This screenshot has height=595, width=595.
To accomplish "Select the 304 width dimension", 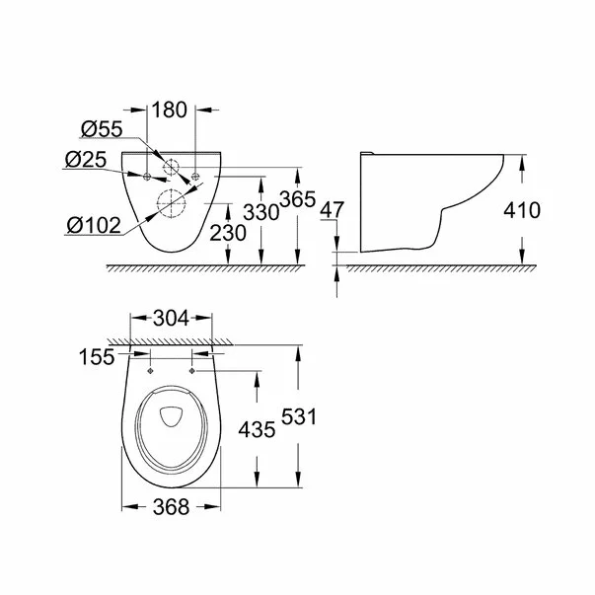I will click(172, 318).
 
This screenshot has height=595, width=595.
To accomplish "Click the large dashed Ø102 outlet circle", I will click(172, 201).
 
